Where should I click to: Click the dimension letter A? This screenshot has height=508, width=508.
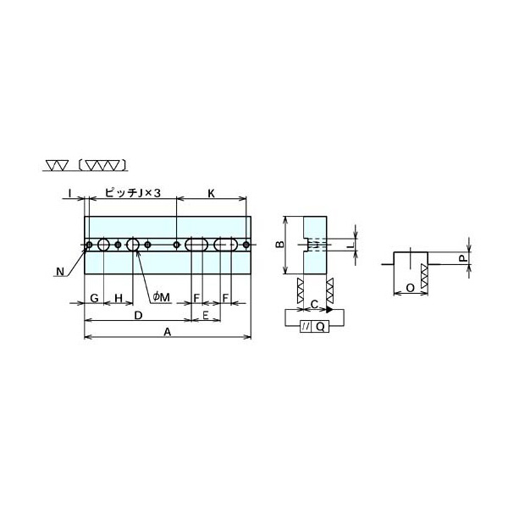click(167, 332)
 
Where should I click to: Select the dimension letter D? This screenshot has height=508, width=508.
click(138, 315)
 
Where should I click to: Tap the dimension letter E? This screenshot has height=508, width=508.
click(206, 315)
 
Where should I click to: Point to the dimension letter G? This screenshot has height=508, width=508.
click(94, 298)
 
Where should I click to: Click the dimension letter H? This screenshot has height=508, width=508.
click(119, 298)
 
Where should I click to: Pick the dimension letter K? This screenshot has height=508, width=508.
click(211, 193)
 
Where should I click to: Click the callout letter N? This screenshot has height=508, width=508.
click(60, 272)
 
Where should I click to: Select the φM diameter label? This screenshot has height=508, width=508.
click(162, 297)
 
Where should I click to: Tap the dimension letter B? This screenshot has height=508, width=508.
click(280, 245)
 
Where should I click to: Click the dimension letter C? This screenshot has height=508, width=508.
click(314, 304)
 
